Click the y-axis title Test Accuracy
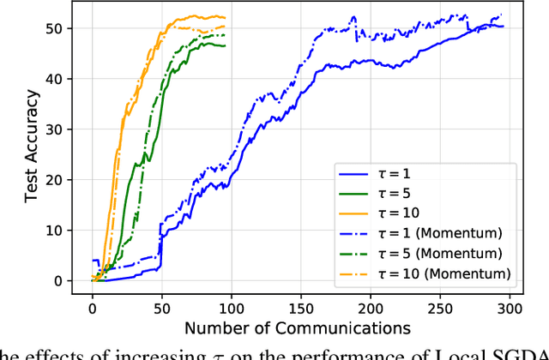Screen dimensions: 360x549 31,154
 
